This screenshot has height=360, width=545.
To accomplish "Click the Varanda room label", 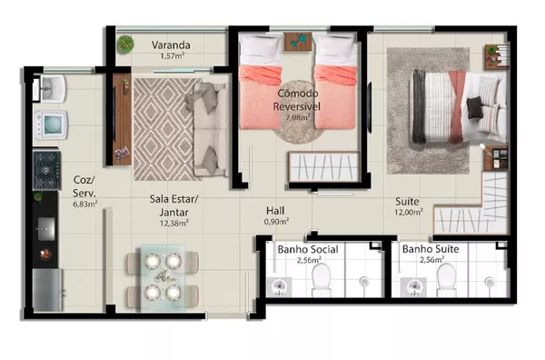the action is (171, 45).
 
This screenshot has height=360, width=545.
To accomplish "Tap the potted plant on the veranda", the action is (125, 45).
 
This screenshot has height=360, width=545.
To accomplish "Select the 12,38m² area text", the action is (174, 224).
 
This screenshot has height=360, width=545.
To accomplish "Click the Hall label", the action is (275, 210).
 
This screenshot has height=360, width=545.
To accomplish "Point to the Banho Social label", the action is (308, 249).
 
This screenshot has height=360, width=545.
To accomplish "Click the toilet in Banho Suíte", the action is (446, 280).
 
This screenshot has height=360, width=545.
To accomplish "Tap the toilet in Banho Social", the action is (322, 280).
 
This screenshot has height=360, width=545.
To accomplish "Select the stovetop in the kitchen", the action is (46, 170).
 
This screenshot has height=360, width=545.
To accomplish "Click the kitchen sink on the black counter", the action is (45, 229).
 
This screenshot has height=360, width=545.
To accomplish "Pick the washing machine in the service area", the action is (50, 125).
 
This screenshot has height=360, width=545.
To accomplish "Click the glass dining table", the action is (163, 277).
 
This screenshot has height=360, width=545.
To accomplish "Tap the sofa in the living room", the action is (212, 129).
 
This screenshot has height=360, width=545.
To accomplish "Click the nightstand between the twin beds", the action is (298, 42).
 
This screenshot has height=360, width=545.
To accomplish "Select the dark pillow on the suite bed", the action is (474, 108).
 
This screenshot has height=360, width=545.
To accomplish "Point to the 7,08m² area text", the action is (298, 117).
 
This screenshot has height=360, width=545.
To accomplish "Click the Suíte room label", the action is (407, 202).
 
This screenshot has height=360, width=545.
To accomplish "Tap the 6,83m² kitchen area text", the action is (84, 205).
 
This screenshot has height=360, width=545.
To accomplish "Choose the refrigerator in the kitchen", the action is (47, 290).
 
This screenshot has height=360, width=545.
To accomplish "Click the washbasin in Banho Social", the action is (279, 287).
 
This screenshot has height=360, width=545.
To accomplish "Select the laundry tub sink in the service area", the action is (53, 88).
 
